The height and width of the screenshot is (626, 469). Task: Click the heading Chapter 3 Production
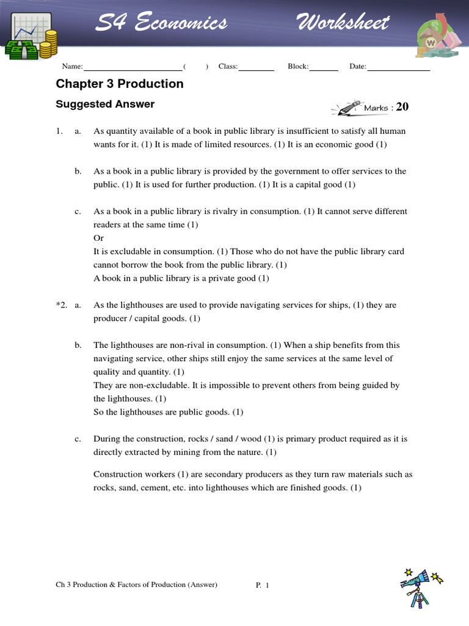tap(120, 84)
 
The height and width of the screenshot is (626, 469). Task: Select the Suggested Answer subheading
tap(105, 104)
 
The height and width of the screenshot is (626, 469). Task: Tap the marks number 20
tap(402, 108)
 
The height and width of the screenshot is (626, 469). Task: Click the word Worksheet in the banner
tap(343, 23)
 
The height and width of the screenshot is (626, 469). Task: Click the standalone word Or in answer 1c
tap(98, 238)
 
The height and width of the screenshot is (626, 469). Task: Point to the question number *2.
tap(61, 305)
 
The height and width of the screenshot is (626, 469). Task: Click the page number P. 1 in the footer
tap(263, 585)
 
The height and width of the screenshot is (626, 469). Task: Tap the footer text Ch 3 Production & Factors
tap(136, 585)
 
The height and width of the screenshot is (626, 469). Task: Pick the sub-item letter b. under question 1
tap(78, 171)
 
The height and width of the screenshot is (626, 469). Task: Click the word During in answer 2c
tap(107, 439)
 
